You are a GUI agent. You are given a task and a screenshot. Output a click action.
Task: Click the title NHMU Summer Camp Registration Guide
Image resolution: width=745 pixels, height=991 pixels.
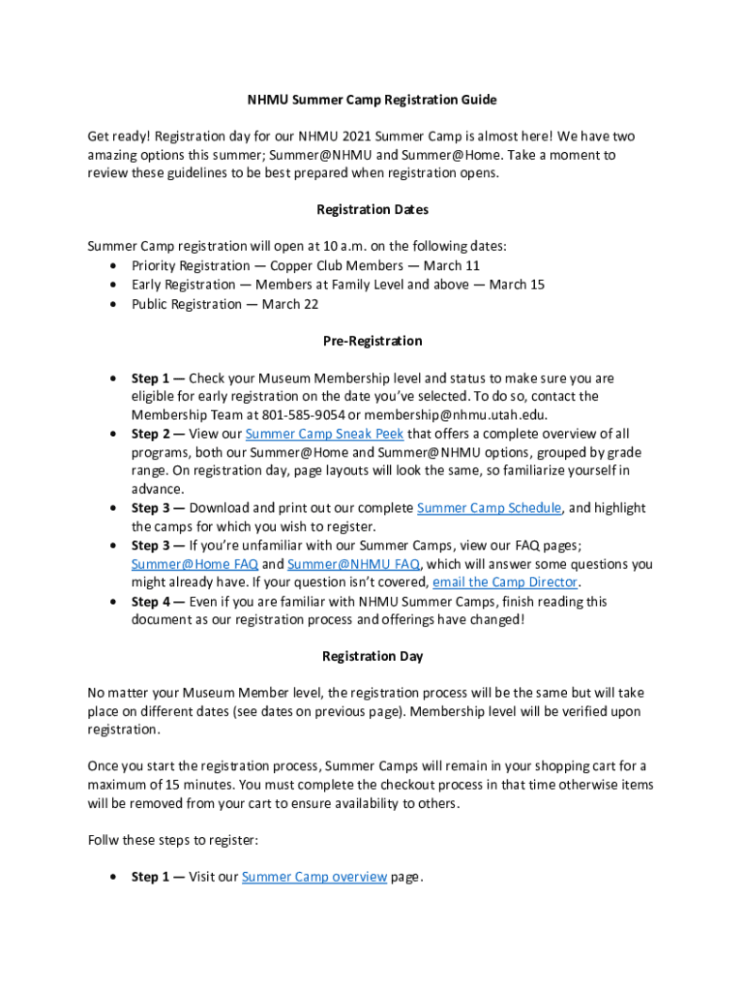tap(372, 100)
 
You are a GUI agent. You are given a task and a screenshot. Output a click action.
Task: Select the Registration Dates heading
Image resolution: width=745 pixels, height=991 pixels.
tap(372, 210)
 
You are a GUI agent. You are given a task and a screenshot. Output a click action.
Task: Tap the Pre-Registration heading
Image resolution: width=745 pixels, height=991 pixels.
tap(372, 341)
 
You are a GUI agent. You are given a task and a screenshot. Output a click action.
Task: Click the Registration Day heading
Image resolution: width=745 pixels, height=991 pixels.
tap(372, 656)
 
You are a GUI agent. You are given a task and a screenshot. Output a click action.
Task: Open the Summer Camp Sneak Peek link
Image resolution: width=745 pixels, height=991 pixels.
tap(324, 434)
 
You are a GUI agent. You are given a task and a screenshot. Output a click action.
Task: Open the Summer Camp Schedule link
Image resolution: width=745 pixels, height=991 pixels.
tap(489, 508)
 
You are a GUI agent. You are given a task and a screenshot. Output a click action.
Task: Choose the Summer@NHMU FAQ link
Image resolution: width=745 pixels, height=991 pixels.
tap(353, 564)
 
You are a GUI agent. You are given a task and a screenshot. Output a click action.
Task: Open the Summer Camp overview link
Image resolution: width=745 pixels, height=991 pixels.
tap(314, 877)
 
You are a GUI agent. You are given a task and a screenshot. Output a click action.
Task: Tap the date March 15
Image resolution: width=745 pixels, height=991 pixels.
tap(517, 285)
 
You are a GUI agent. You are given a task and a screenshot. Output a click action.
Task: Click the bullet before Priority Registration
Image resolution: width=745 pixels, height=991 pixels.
tap(116, 266)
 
